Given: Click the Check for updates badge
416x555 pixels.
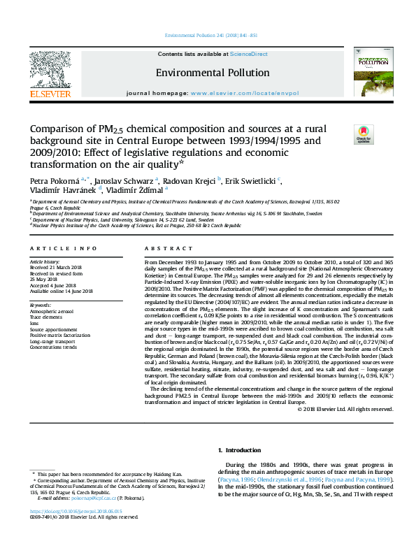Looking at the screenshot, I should click(x=364, y=133).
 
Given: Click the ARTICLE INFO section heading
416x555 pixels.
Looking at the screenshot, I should click(x=63, y=249).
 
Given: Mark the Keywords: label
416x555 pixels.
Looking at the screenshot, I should click(x=41, y=305).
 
